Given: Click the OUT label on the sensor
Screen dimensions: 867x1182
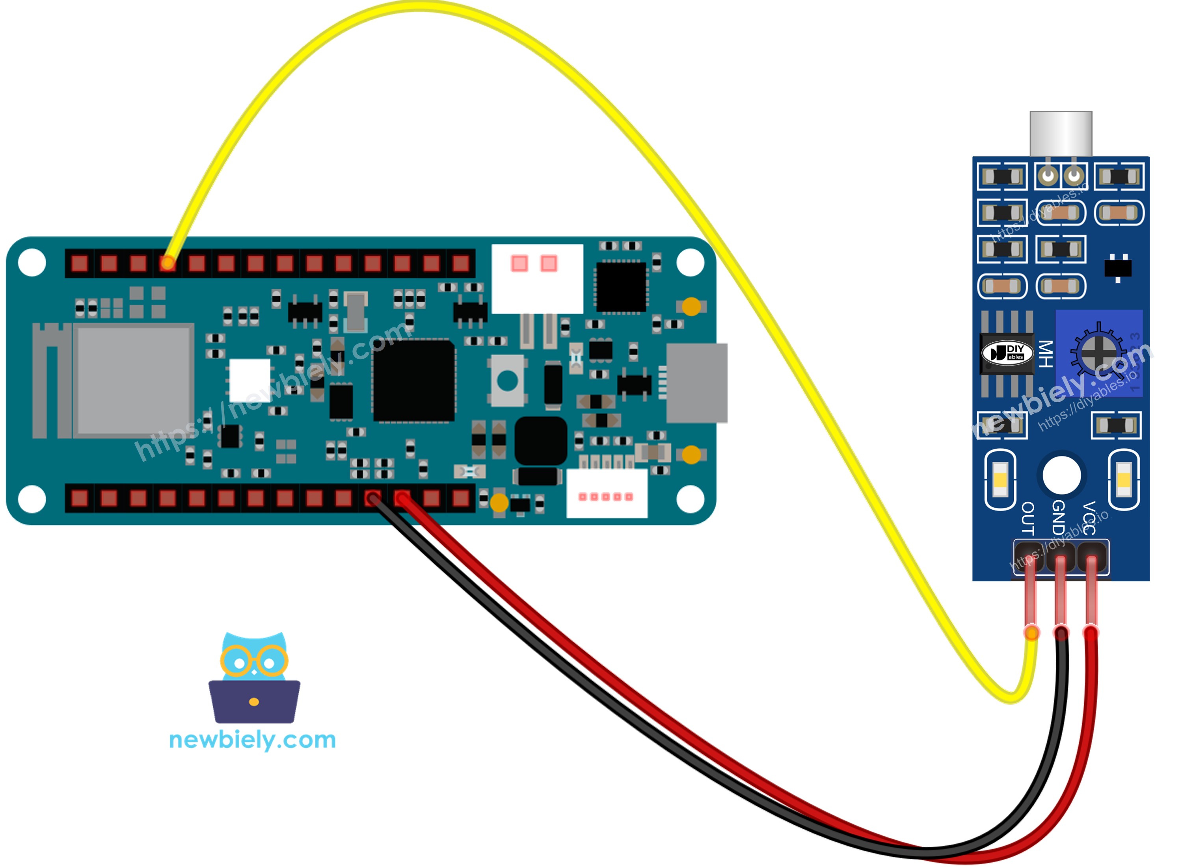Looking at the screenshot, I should click(x=1028, y=518).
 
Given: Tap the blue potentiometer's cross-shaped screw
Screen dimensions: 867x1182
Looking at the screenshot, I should click(x=1098, y=352).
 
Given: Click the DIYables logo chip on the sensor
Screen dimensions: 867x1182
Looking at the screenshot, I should click(x=1007, y=353).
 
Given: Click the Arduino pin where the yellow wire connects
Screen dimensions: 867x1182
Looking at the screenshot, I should click(x=168, y=263).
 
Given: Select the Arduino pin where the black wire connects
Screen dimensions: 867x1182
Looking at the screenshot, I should click(x=372, y=498).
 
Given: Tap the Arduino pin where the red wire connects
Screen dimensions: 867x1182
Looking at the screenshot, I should click(x=402, y=498).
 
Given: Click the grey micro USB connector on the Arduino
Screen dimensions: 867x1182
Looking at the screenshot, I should click(x=696, y=383).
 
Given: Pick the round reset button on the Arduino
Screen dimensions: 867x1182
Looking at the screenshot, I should click(x=507, y=381).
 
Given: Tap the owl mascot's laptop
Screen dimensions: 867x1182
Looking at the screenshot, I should click(x=254, y=701).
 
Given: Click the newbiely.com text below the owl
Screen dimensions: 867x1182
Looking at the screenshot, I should click(x=253, y=740).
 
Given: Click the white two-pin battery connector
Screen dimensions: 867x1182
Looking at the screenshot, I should click(x=537, y=278).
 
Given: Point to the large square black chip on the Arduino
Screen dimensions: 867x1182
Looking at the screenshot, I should click(x=414, y=381).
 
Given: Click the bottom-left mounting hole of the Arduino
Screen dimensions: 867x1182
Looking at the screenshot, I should click(x=32, y=499).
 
